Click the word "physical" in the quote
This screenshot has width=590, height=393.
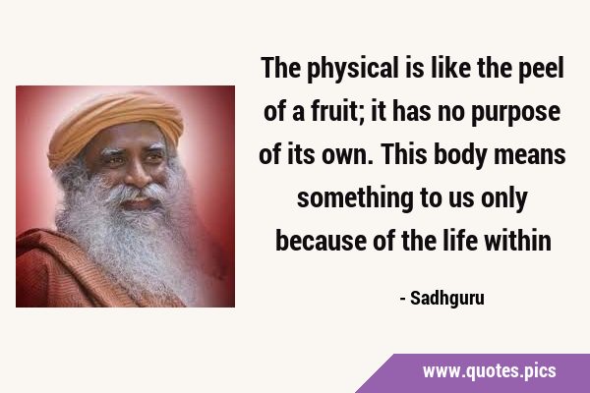[x=353, y=69]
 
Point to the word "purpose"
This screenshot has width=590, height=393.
[x=516, y=113]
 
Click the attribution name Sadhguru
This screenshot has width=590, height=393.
[x=447, y=299]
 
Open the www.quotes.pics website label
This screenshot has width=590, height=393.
[x=489, y=371]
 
